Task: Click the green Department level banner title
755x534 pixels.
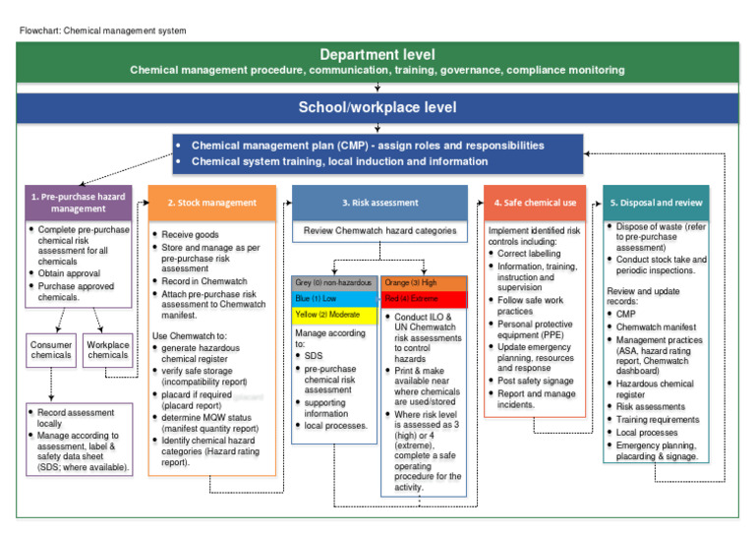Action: pos(377,55)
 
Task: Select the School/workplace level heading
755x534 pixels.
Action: pos(377,107)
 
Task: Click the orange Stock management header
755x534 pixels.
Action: pos(211,203)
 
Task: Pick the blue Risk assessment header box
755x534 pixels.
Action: pos(379,203)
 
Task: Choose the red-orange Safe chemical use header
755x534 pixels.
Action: pos(536,203)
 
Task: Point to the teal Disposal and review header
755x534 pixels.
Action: pos(656,203)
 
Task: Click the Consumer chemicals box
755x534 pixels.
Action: pos(51,350)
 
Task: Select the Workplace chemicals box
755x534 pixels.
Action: pos(107,350)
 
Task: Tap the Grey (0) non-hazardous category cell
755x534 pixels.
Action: pos(334,283)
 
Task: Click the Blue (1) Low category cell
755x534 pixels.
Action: pos(334,299)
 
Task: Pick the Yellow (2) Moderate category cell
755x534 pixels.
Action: pos(334,315)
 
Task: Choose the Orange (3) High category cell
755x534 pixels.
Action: pos(425,283)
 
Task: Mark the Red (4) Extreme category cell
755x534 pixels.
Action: pos(425,299)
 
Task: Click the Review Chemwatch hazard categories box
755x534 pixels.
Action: pos(379,232)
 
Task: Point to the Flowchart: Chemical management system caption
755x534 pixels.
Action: pos(103,30)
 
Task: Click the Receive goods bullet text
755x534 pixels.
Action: pos(191,235)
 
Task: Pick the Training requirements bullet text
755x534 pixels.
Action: pos(660,419)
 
